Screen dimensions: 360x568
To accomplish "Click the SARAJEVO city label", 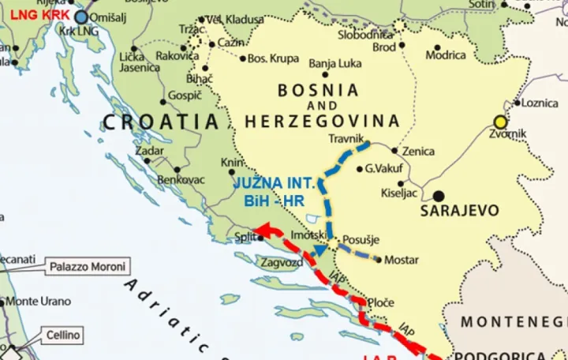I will (x=460, y=211).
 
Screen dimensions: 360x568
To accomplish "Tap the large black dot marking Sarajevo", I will (x=438, y=195).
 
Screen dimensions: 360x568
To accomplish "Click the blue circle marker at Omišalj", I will (x=81, y=16).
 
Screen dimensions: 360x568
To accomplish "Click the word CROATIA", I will (x=160, y=122).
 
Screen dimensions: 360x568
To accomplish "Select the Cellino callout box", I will (x=62, y=335).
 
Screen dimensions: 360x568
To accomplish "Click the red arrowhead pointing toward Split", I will (x=266, y=229).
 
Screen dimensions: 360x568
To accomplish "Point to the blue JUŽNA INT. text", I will (x=275, y=183).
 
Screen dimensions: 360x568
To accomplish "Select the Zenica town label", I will (x=418, y=150).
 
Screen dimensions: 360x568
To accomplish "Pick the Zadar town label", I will (x=149, y=151).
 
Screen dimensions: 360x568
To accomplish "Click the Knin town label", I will (x=231, y=162).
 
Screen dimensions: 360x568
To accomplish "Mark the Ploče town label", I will (x=382, y=302).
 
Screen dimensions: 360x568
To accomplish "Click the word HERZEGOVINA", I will (x=322, y=122).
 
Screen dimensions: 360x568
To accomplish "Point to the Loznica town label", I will (x=540, y=103).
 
